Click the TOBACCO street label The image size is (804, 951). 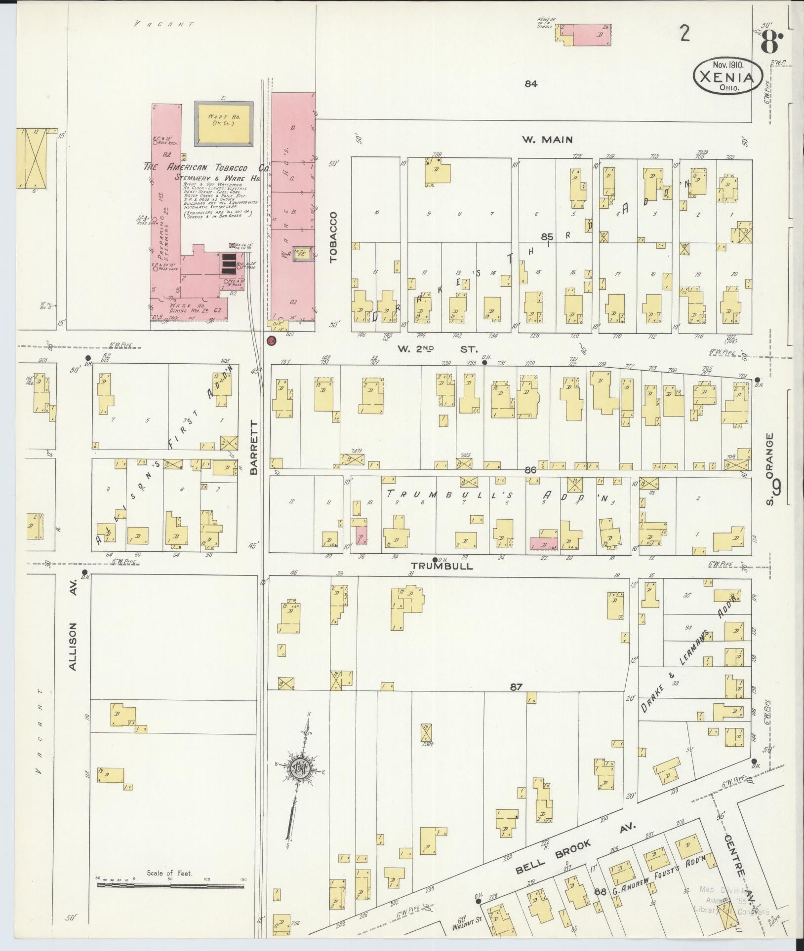333,236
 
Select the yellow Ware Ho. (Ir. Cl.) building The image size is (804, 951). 224,124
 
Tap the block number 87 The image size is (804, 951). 517,686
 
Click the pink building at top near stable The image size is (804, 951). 592,36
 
